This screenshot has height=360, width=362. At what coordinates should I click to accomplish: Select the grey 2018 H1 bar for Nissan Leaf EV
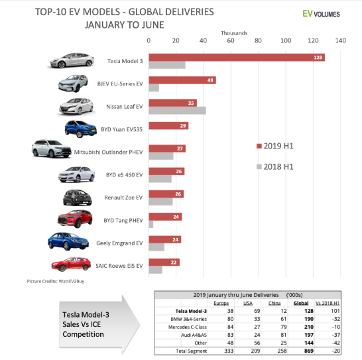[177, 110]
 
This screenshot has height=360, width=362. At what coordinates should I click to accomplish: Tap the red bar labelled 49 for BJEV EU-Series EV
[182, 80]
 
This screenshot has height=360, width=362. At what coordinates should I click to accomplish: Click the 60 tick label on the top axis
[231, 40]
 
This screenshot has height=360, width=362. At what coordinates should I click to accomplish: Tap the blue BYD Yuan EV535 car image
[82, 127]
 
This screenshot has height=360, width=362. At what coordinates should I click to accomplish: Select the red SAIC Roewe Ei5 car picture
[71, 265]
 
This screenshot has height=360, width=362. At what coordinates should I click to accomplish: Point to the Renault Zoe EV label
[123, 197]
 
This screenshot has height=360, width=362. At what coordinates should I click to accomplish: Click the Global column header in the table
[301, 302]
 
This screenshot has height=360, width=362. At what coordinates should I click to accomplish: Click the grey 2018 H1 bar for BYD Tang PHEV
[151, 225]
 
